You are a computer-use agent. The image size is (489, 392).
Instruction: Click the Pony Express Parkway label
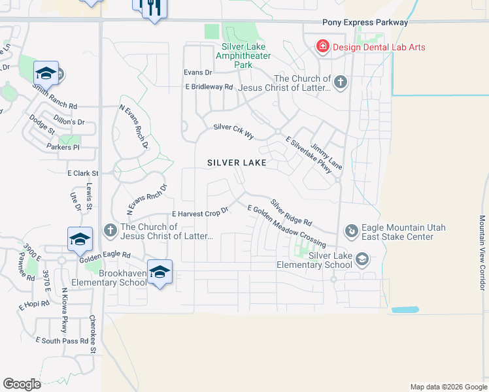point(365,22)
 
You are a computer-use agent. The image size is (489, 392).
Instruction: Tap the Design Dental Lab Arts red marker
point(322,46)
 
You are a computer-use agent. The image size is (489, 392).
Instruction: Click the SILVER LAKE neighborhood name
point(237,163)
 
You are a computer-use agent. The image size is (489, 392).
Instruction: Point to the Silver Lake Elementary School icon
point(362,260)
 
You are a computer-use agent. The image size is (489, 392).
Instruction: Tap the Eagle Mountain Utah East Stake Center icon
point(351,231)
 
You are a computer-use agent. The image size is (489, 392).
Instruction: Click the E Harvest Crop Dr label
point(199,213)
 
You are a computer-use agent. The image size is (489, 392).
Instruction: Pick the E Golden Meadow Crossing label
point(286,226)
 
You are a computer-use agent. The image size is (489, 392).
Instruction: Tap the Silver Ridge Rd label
point(292,213)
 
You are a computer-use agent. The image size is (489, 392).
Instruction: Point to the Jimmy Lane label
point(326,157)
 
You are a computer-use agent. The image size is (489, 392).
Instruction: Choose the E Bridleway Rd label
point(209,87)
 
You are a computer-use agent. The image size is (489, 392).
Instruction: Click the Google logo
point(22,384)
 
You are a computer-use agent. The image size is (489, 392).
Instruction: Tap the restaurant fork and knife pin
point(150,8)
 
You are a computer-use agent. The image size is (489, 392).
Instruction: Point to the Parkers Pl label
point(63,148)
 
